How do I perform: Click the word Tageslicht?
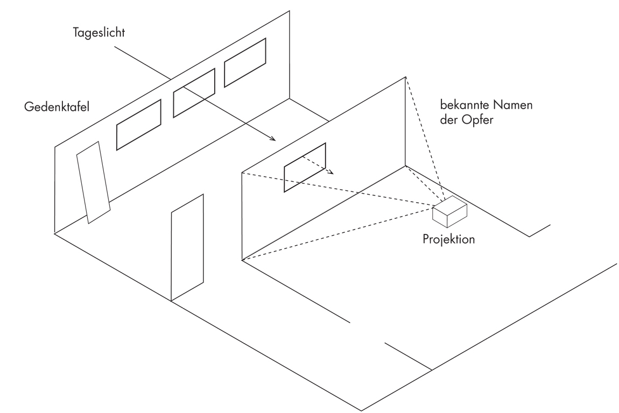[x=99, y=33]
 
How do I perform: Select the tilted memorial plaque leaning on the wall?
[x=94, y=182]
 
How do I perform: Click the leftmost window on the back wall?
[x=139, y=124]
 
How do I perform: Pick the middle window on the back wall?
[x=194, y=94]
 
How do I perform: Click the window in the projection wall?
[x=305, y=167]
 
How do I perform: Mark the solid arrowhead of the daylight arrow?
[x=273, y=140]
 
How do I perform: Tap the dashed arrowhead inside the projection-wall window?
[x=332, y=173]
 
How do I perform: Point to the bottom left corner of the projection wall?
[x=242, y=261]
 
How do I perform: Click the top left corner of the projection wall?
[x=242, y=173]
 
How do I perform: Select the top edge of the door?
[x=187, y=203]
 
